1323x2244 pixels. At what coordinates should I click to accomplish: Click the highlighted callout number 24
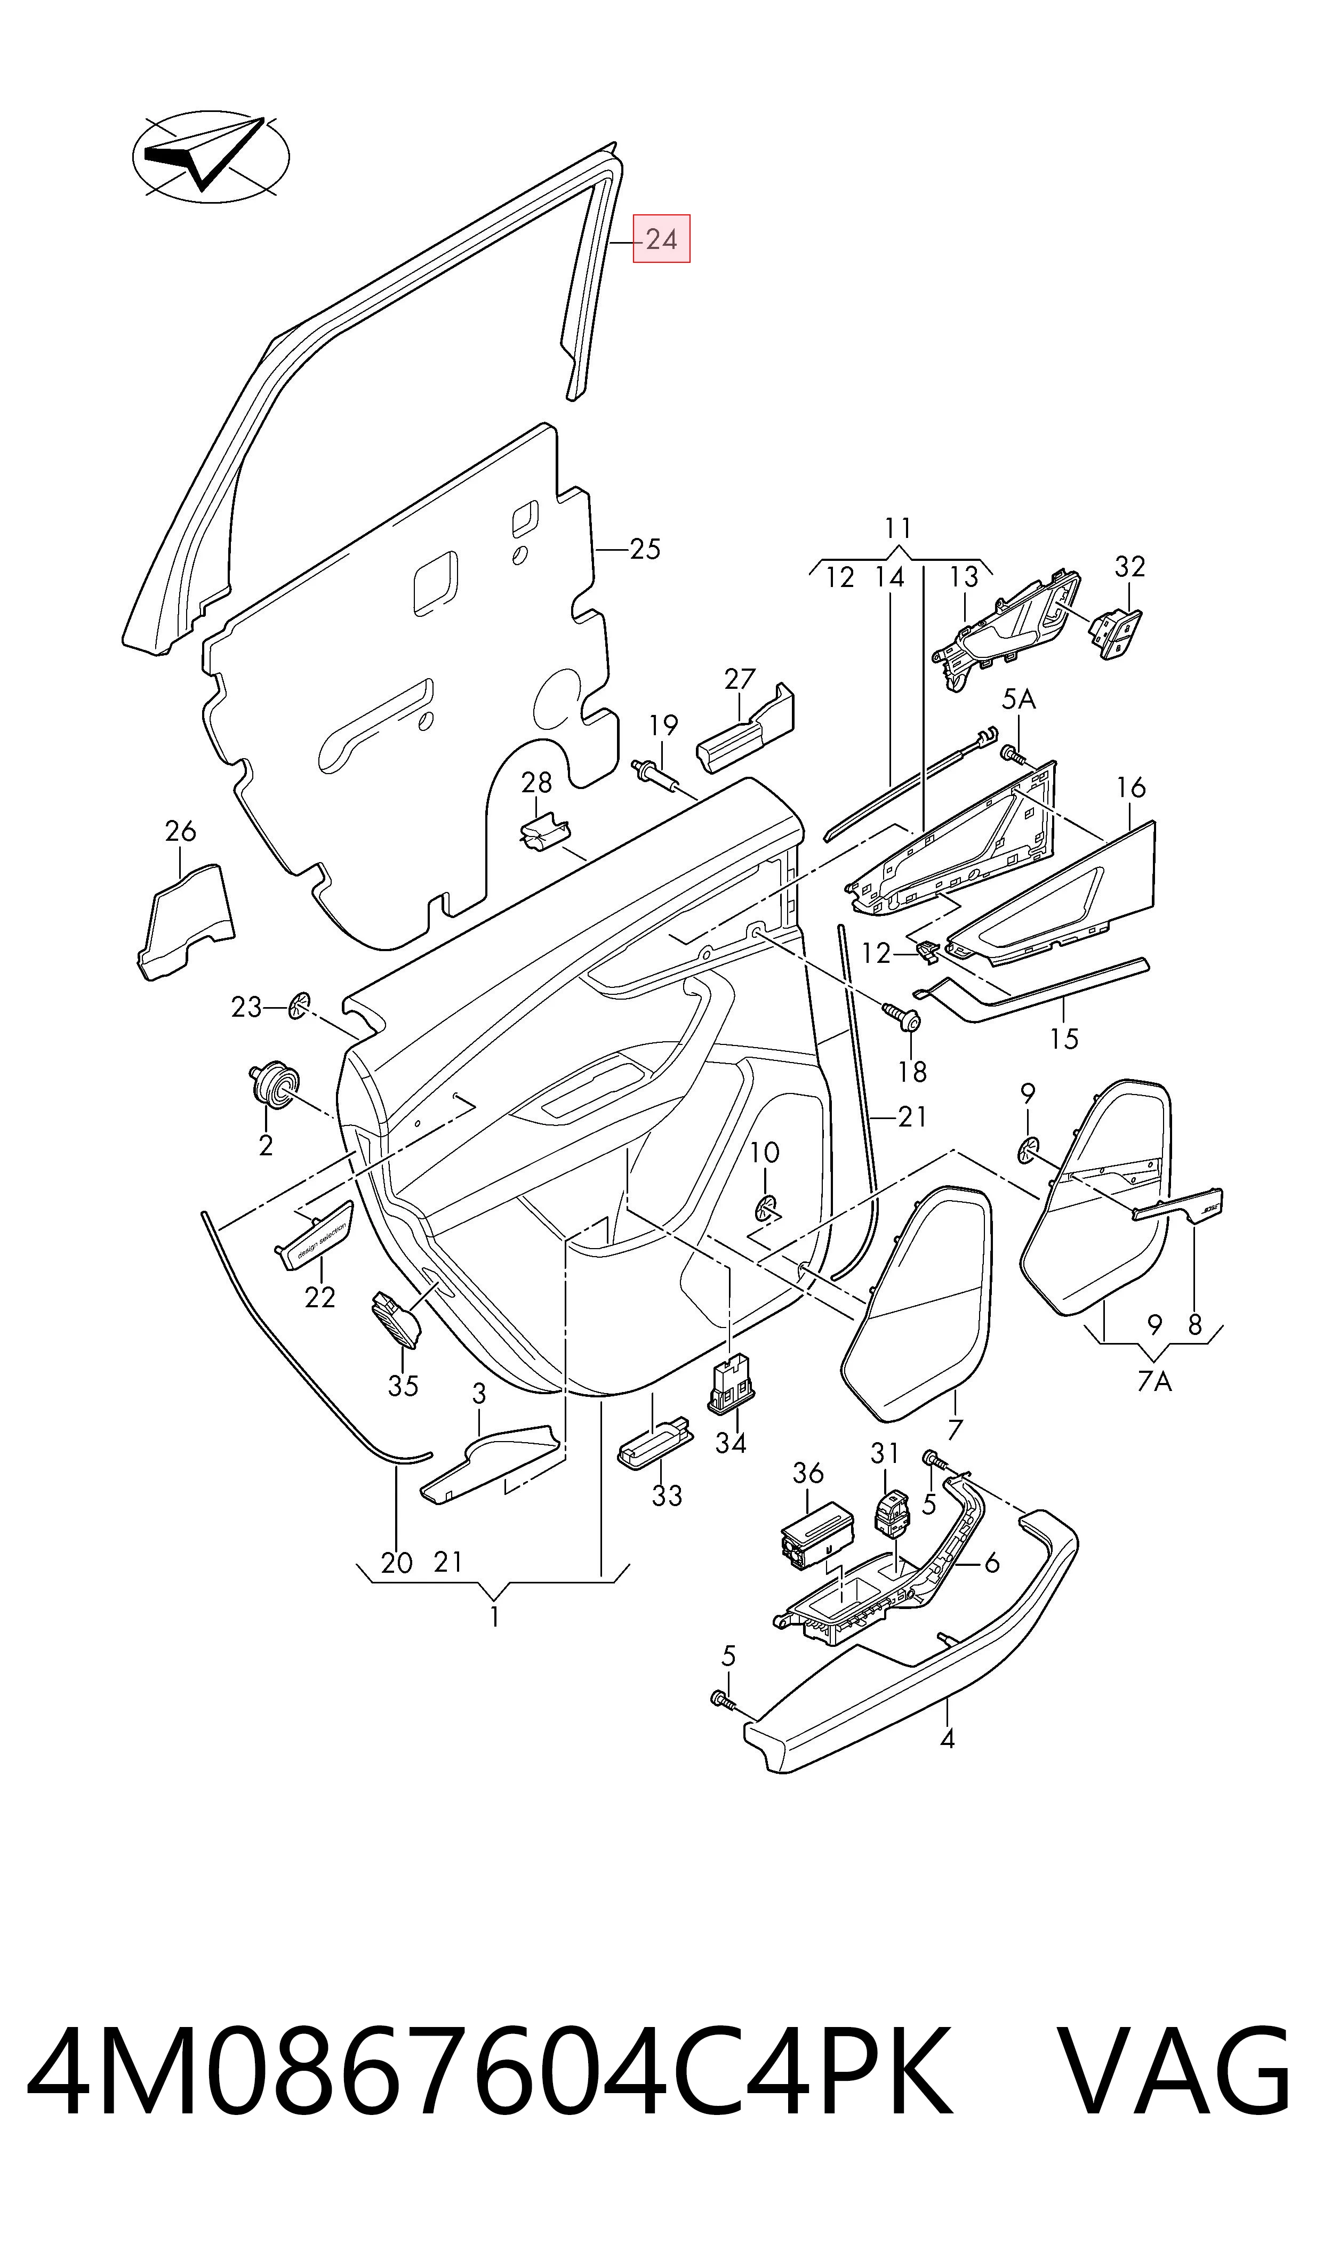click(x=661, y=239)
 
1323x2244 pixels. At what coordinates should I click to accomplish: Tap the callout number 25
click(x=645, y=549)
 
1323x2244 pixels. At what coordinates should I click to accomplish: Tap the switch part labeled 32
click(x=1114, y=634)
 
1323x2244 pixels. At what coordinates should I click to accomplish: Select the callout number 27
click(x=740, y=680)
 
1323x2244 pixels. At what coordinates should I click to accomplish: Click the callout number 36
click(x=808, y=1473)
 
